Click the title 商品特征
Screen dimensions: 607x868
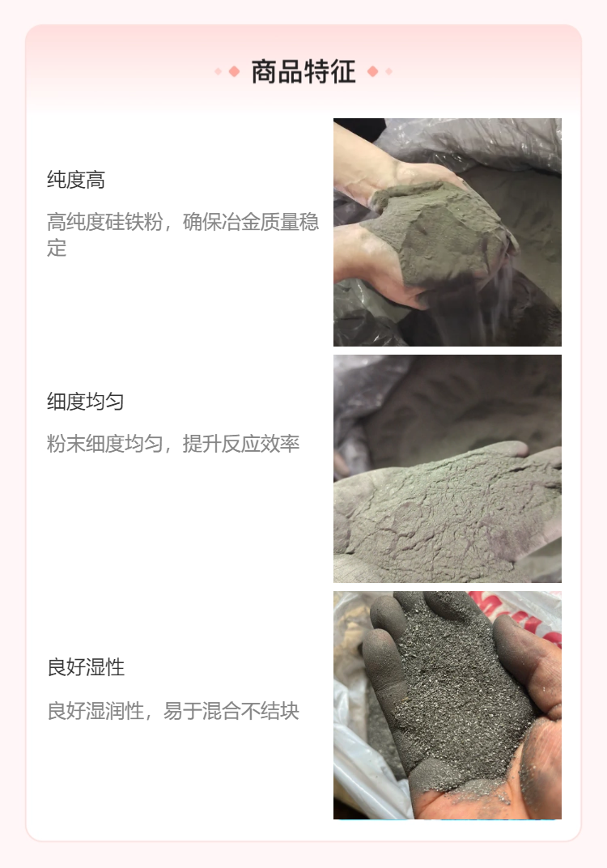pos(303,72)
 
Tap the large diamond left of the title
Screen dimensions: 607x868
pos(234,71)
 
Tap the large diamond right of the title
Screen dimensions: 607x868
pos(373,71)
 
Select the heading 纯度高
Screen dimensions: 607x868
pos(76,180)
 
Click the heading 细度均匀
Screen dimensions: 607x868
pos(85,402)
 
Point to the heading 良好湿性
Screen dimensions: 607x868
pos(86,667)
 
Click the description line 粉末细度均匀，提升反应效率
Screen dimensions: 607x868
pos(173,444)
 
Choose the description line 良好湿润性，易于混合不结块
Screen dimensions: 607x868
pos(173,711)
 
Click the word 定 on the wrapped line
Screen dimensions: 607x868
pos(57,248)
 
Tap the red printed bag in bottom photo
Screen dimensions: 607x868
pos(523,615)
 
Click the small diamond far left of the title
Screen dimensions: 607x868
pos(218,71)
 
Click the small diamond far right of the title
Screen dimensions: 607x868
pos(389,71)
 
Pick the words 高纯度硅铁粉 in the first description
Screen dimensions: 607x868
pos(105,222)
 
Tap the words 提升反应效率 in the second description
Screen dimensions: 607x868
pos(241,444)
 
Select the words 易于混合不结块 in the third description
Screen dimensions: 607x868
pos(231,711)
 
